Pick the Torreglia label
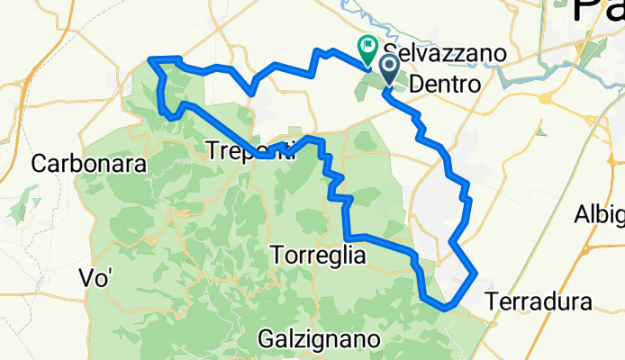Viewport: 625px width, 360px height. point(318,256)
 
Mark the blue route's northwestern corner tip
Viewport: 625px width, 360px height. point(149,59)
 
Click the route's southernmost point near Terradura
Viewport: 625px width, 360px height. point(444,309)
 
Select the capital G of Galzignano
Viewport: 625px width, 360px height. point(265,339)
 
